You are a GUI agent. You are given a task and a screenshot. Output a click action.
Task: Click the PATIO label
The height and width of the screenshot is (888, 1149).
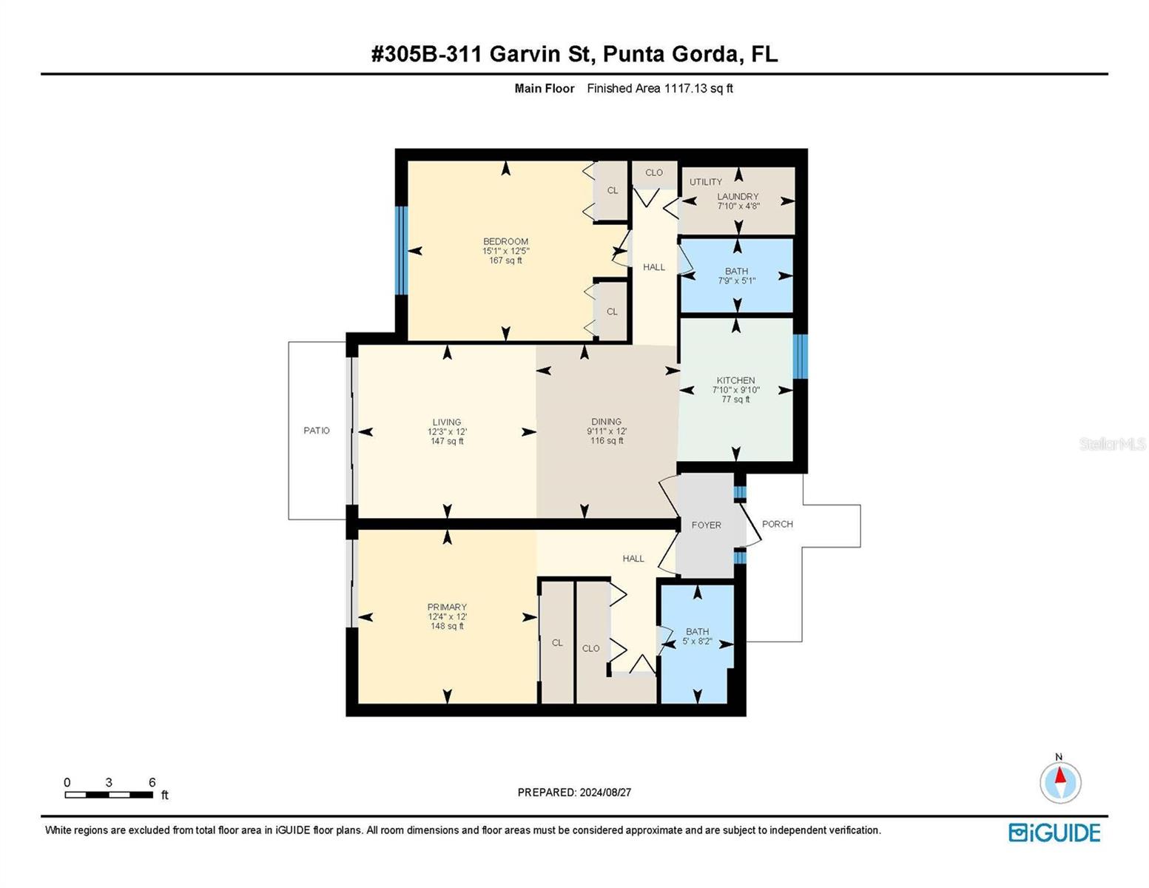pyautogui.click(x=317, y=431)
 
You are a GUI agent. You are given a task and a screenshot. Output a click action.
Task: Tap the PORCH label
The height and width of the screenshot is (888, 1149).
pyautogui.click(x=777, y=524)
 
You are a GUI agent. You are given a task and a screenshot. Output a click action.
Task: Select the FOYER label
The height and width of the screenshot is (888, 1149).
pyautogui.click(x=706, y=525)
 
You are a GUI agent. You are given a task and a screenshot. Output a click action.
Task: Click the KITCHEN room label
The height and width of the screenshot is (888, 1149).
pyautogui.click(x=735, y=380)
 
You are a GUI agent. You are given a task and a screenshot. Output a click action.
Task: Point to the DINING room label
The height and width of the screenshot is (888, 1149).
pyautogui.click(x=606, y=422)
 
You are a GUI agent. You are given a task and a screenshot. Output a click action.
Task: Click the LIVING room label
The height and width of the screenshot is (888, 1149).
pyautogui.click(x=447, y=423)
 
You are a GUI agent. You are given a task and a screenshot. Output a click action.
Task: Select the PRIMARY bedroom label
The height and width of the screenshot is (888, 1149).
pyautogui.click(x=447, y=608)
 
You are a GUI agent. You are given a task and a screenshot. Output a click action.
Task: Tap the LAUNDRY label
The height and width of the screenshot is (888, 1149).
pyautogui.click(x=738, y=197)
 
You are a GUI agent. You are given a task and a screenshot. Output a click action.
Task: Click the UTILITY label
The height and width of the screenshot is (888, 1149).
pyautogui.click(x=706, y=182)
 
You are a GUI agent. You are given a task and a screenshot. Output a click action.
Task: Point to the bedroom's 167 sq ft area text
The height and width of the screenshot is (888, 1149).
pyautogui.click(x=505, y=260)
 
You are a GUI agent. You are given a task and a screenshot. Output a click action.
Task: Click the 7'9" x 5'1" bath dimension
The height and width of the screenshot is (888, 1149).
pyautogui.click(x=736, y=281)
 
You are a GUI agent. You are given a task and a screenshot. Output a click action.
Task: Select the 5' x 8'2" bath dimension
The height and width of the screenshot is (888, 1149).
pyautogui.click(x=697, y=642)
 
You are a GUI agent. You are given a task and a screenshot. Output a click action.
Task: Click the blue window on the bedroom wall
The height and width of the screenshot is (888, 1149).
pyautogui.click(x=402, y=250)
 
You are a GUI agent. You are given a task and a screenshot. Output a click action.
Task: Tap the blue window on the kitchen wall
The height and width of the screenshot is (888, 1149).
pyautogui.click(x=800, y=357)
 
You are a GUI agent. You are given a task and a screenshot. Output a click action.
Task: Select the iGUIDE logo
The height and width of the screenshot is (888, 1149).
pyautogui.click(x=1054, y=832)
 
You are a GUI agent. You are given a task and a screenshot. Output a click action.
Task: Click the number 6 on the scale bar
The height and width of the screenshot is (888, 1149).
pyautogui.click(x=152, y=783)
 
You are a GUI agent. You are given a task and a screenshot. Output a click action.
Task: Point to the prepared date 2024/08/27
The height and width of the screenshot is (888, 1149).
pyautogui.click(x=604, y=793)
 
